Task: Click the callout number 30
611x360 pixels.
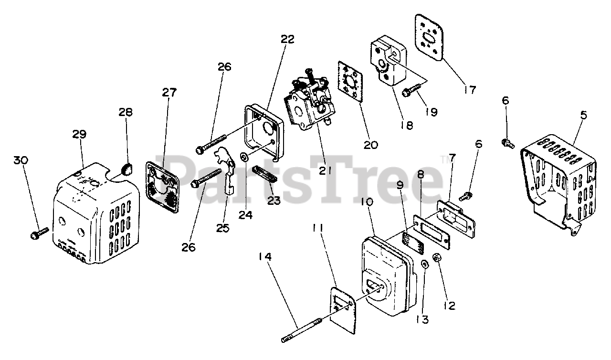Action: [21, 160]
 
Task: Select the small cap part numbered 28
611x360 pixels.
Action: [126, 169]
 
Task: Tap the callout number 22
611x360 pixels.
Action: [287, 40]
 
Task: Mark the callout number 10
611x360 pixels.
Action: [367, 202]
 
